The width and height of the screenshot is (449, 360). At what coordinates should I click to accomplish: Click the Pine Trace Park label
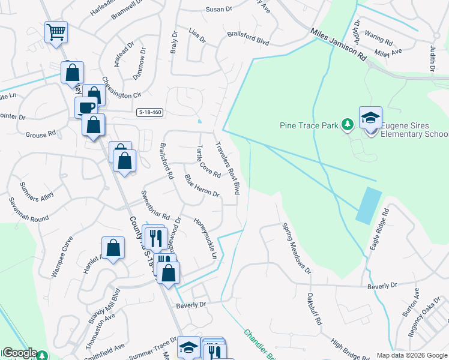point(309,125)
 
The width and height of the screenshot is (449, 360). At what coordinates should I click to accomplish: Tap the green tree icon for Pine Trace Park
point(346,125)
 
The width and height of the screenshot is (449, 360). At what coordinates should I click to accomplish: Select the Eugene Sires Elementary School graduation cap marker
point(370,118)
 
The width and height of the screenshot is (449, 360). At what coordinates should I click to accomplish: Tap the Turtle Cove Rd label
point(209,161)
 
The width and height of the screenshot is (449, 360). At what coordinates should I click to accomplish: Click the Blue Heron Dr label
point(202,185)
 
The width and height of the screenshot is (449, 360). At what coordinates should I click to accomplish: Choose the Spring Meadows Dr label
point(297,249)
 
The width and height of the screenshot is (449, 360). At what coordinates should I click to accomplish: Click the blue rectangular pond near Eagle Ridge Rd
point(368,205)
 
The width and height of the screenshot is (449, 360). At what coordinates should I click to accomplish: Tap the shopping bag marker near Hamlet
point(113,247)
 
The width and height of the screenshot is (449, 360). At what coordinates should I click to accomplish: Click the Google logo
point(19,353)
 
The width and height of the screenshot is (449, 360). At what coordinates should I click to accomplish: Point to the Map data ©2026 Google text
point(411,355)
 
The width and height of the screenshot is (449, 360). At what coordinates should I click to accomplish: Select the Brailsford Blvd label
point(248,39)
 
